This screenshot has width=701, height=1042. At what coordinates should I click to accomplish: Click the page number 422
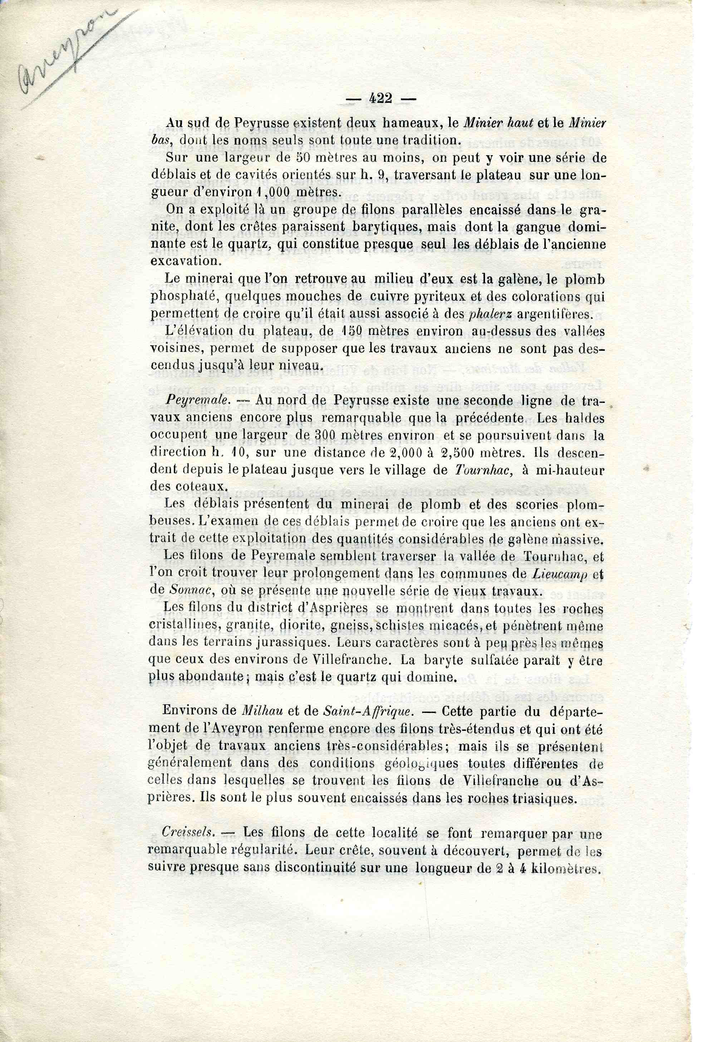381,98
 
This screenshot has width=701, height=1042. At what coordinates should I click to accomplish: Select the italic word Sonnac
187,591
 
